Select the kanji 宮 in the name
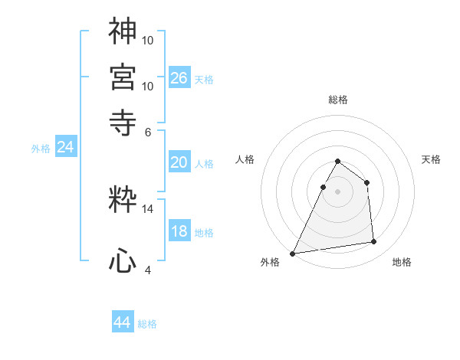pos(123,76)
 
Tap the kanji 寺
pos(123,121)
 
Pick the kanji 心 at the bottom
pos(123,260)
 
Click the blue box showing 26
pos(179,77)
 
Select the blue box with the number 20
pos(179,162)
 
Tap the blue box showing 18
pos(179,232)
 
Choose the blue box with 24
pos(65,147)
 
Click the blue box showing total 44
pos(123,322)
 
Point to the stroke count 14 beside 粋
pos(148,208)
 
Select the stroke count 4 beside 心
pos(148,269)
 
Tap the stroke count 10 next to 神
pos(148,38)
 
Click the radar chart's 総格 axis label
pos(337,100)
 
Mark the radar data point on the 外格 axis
pos(293,254)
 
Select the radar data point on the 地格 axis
pos(374,242)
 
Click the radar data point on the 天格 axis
pos(367,182)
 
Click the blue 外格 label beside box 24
pos(40,149)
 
